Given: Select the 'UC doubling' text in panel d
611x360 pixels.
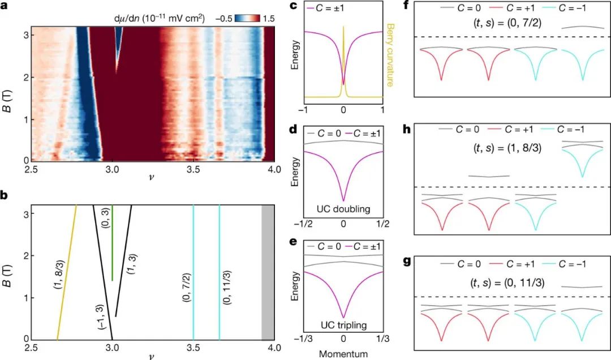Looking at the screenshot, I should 343,209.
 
